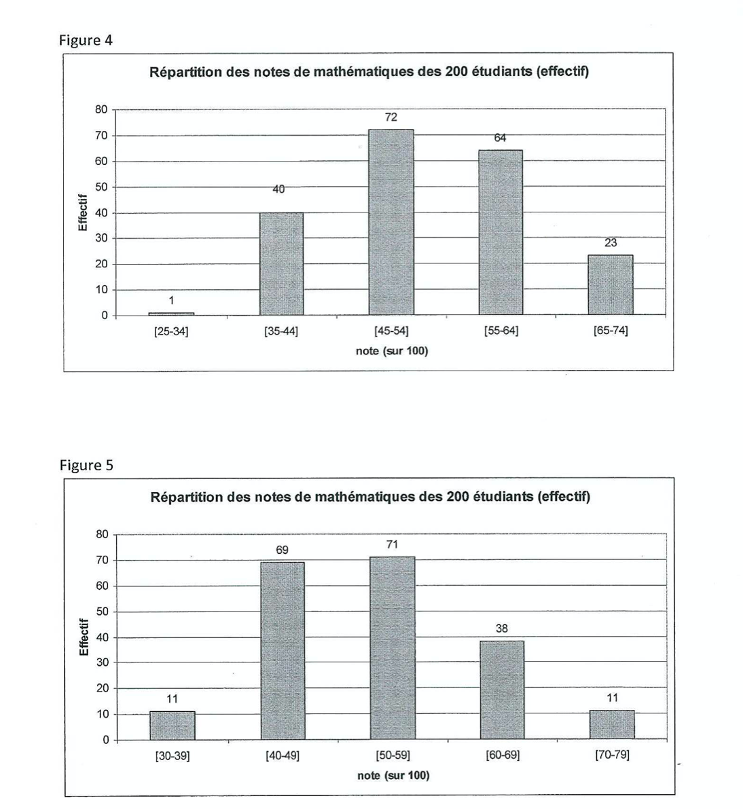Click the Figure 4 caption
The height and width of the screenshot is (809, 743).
(86, 40)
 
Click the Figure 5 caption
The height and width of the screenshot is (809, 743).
(86, 465)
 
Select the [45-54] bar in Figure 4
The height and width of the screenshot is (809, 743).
(391, 223)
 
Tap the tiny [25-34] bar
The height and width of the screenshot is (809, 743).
(171, 314)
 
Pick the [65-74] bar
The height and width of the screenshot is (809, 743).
(611, 285)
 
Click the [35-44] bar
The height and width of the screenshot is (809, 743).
(281, 264)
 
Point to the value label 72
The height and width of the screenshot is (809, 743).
(391, 117)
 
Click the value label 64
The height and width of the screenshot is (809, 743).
(500, 138)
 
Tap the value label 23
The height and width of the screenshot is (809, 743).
(611, 242)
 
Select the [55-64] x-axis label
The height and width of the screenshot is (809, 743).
(501, 332)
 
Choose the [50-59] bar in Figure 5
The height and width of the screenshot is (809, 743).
(392, 648)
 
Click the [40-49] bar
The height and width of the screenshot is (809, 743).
(283, 651)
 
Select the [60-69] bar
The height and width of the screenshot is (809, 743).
(502, 690)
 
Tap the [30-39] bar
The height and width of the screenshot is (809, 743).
(173, 726)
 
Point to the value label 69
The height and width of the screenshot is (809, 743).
(282, 550)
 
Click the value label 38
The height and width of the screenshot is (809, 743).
(502, 629)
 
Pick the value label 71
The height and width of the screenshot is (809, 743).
(392, 545)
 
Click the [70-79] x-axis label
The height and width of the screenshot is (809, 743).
(612, 755)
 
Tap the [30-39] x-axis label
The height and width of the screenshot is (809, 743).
(173, 755)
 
